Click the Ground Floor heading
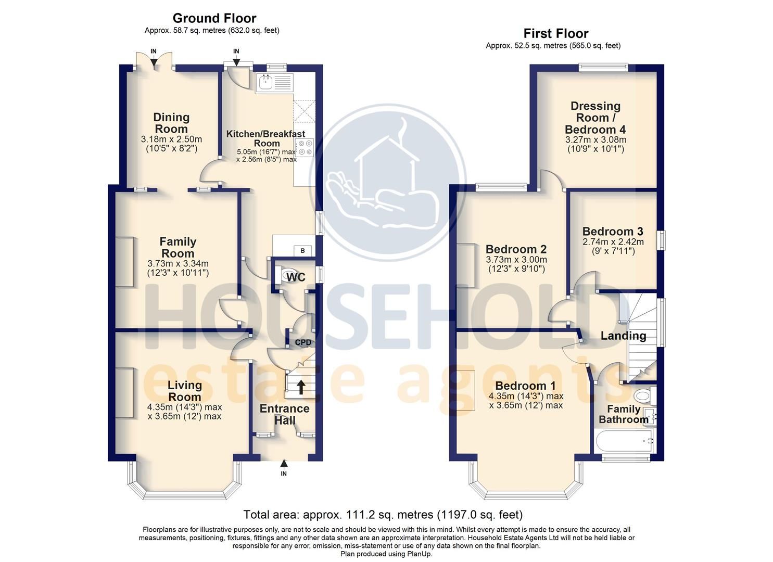pos(214,19)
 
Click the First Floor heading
pos(555,34)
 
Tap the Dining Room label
pos(171,123)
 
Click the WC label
pos(296,277)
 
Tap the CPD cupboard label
pos(303,342)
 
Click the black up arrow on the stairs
pos(301,387)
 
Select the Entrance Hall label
pos(285,414)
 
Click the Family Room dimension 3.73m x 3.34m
pos(178,263)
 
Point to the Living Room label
pos(185,390)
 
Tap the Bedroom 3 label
pos(613,232)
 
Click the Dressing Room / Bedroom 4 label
pos(595,118)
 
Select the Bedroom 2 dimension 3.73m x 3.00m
pos(516,260)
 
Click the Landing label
pos(623,336)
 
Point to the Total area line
pos(383,515)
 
